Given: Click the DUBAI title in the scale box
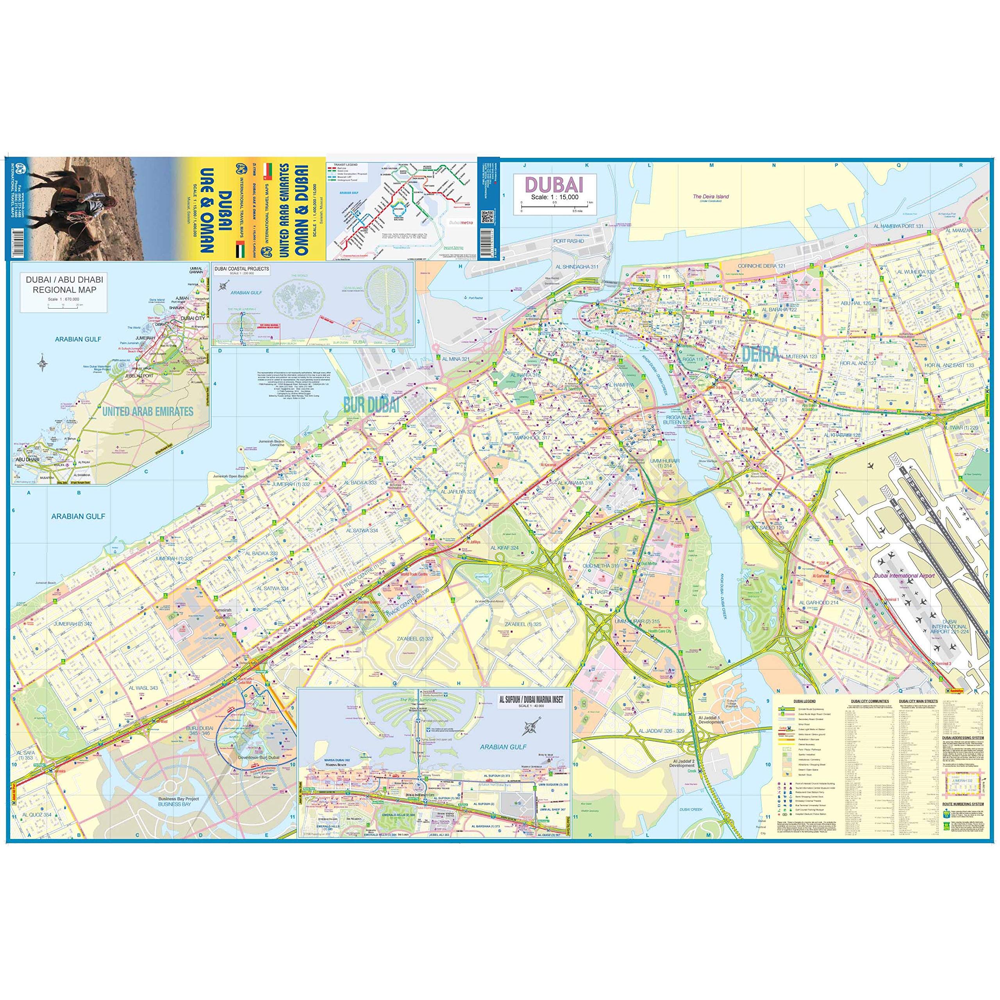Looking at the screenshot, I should tap(554, 185).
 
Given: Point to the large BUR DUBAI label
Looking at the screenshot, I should tap(371, 406).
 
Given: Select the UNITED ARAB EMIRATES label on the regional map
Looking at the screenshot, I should tap(148, 411).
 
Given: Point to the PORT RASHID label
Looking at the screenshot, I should tap(568, 241).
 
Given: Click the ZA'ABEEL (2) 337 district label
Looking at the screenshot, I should tap(415, 639).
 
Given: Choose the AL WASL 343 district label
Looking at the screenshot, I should tap(143, 688).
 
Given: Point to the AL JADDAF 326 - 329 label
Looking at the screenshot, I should tap(661, 731).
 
